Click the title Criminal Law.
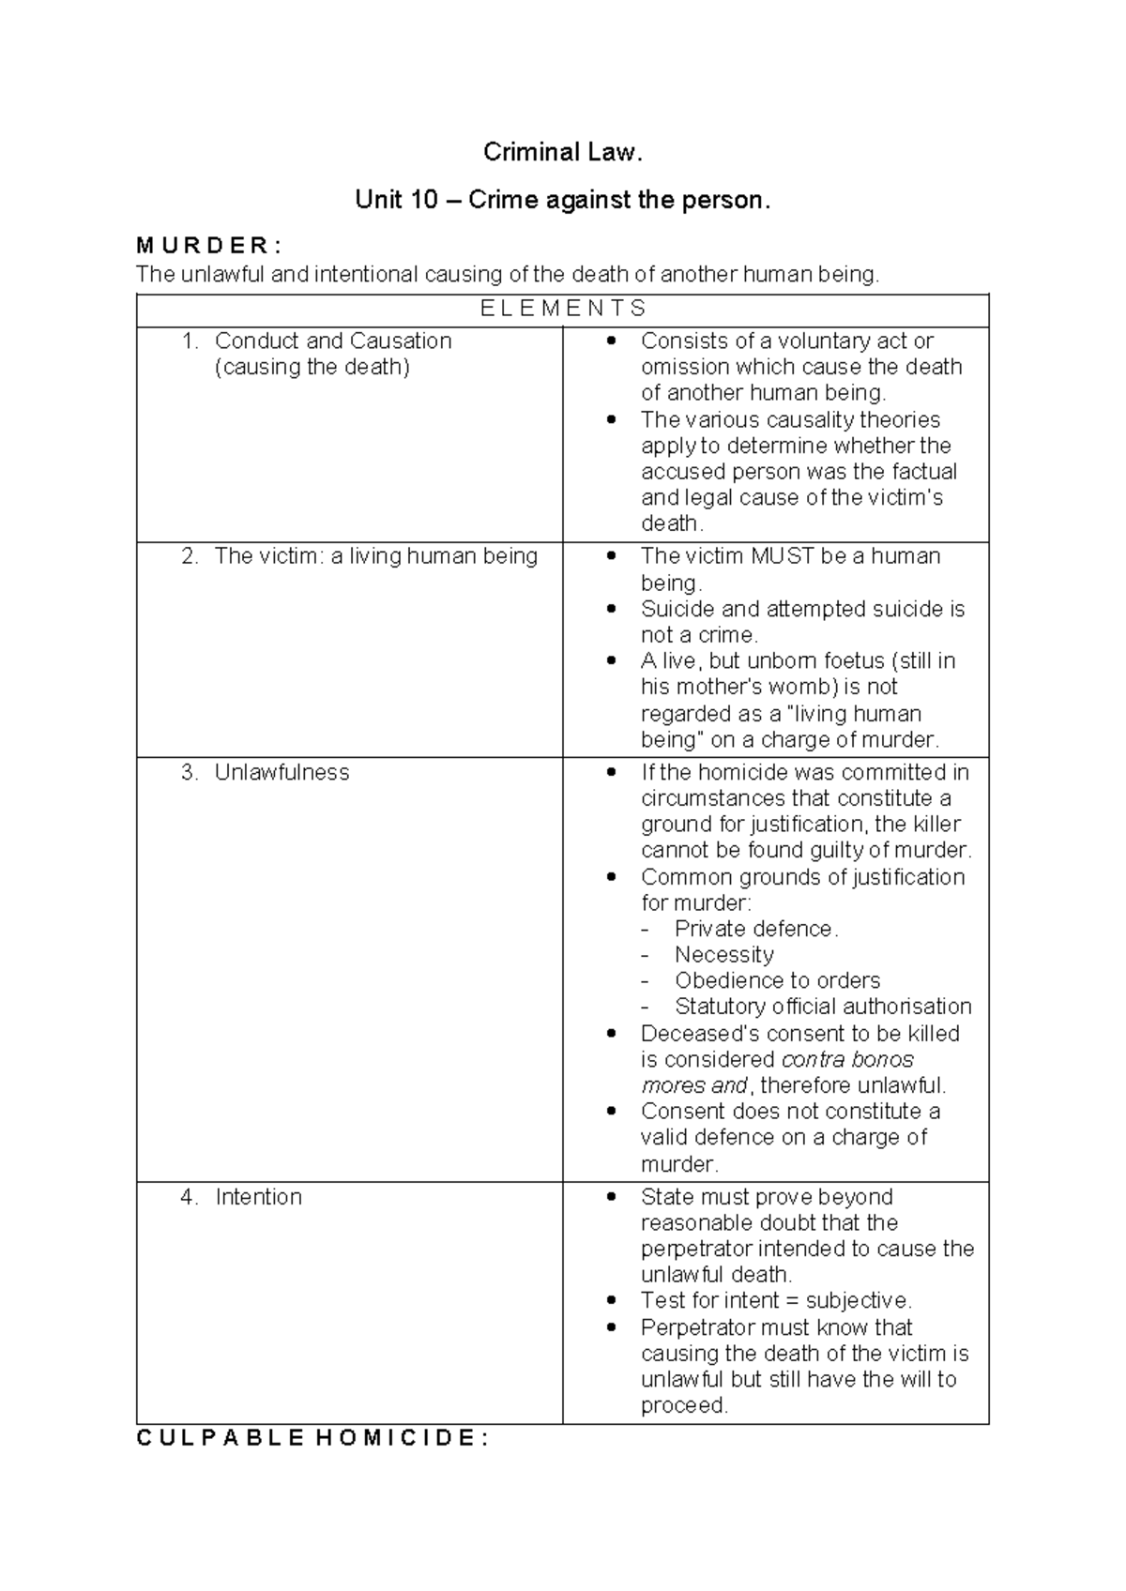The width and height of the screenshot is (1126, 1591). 562,152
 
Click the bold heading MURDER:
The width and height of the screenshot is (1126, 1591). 207,247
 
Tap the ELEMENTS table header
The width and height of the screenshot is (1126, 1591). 563,309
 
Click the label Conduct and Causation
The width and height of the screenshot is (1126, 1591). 333,341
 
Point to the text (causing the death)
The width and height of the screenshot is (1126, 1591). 312,367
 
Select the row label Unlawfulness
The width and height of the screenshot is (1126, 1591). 281,772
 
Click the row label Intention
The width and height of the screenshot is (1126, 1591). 258,1197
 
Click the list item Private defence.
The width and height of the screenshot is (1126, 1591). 756,929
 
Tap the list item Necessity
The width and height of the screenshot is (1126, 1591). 724,955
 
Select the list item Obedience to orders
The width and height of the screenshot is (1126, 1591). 777,981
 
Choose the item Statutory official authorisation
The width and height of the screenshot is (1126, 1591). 823,1007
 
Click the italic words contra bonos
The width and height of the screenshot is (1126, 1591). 847,1060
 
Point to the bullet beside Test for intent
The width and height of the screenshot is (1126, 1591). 612,1301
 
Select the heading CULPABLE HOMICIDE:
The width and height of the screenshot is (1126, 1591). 312,1439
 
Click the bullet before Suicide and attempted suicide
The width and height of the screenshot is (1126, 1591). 612,610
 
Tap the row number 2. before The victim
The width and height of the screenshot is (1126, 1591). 190,556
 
